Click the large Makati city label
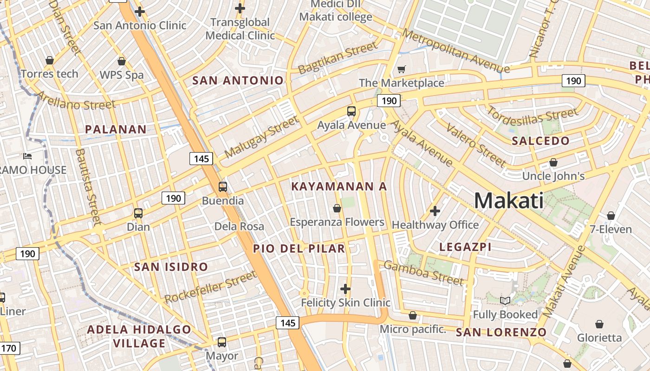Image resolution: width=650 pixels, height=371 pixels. (x=509, y=201)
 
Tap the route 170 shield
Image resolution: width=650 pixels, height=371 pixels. (x=10, y=348)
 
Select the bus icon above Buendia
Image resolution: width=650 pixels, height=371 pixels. (x=223, y=187)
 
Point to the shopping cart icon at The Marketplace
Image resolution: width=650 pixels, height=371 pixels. (x=402, y=70)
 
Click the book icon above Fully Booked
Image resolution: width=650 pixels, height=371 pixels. (x=505, y=301)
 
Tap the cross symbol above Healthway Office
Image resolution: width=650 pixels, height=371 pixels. (x=435, y=211)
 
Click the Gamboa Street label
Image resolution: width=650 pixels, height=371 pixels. (x=423, y=273)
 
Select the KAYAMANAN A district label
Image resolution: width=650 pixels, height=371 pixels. (x=339, y=186)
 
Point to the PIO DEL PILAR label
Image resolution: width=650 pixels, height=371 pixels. (x=299, y=249)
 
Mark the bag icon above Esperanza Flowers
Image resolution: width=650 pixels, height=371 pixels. (x=337, y=209)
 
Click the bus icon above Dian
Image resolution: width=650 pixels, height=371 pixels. (x=138, y=213)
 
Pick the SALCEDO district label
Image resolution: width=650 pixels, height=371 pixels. (x=540, y=141)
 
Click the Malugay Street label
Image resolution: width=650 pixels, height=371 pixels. (x=261, y=137)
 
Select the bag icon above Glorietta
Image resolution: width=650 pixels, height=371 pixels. (x=599, y=324)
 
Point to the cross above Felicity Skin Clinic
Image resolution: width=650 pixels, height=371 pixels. (x=345, y=289)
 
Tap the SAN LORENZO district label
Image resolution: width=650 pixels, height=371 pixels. (x=501, y=332)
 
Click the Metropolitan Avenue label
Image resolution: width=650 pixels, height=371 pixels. (x=456, y=51)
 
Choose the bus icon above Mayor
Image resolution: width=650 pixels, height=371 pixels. (x=222, y=342)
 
